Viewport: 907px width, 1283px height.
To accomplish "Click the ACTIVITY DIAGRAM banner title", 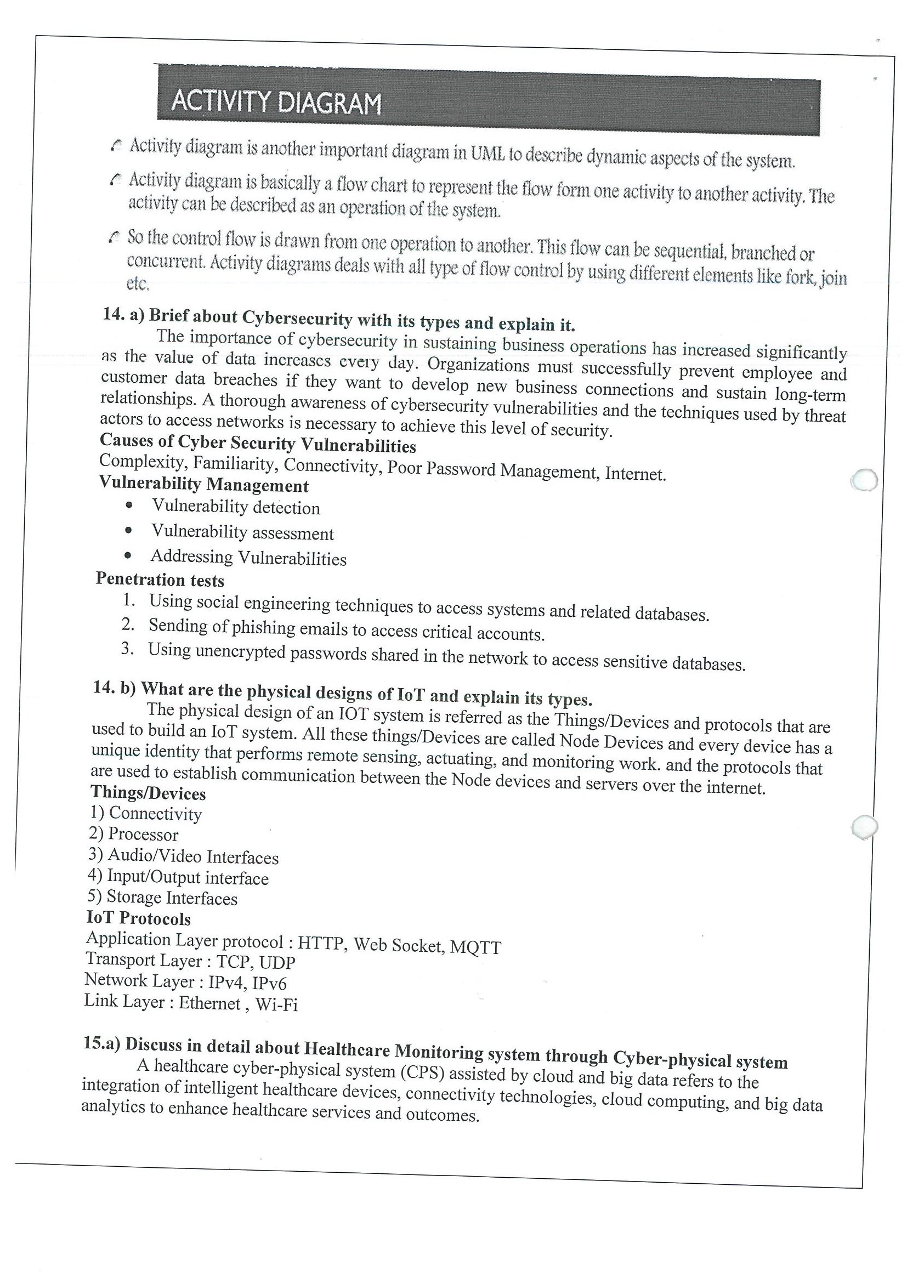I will pos(276,104).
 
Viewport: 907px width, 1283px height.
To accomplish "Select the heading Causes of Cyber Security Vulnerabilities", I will pos(258,444).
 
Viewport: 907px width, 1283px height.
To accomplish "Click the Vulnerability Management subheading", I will pos(203,484).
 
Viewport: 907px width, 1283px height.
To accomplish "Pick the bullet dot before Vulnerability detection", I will pos(129,505).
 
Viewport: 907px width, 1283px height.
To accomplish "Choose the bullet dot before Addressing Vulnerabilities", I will pos(129,555).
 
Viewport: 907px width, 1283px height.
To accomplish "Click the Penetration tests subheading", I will pos(160,580).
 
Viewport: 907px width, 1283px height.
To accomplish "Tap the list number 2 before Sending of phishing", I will pos(128,624).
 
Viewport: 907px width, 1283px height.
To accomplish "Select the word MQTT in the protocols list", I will pos(475,947).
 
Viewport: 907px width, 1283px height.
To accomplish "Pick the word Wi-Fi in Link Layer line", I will pos(276,1005).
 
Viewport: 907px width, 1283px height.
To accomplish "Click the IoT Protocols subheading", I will pos(139,919).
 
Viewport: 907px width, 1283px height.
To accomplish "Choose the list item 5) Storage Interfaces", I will pos(162,898).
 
